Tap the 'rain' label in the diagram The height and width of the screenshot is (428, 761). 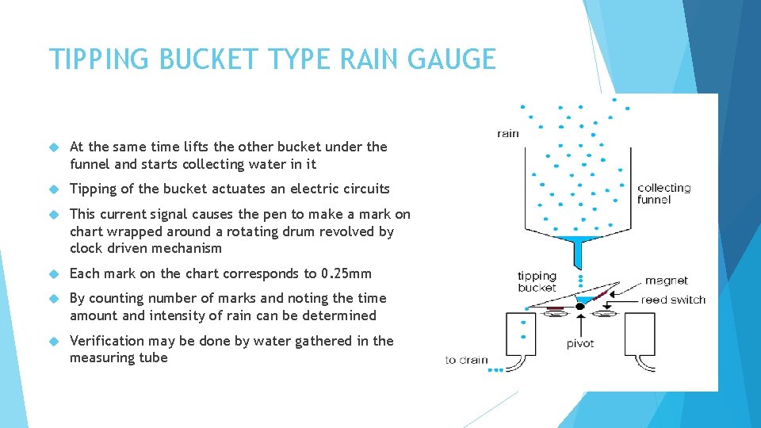coord(508,133)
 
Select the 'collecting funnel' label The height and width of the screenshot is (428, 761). coord(664,193)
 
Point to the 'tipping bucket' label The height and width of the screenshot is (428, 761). coord(537,281)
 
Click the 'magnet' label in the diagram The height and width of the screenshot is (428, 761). coord(666,281)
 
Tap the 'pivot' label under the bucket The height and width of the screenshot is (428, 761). coord(580,343)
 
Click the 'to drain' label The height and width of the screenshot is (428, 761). coord(466,360)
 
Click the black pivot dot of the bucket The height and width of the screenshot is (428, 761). coord(580,305)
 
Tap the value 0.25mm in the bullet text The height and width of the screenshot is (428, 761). coord(346,273)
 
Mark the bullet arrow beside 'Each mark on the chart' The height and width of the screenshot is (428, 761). coord(54,273)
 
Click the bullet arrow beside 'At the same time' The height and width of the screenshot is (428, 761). coord(54,147)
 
